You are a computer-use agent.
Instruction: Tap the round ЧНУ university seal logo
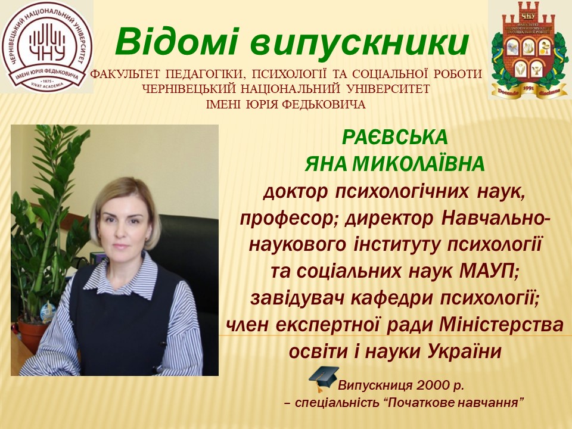coord(46,46)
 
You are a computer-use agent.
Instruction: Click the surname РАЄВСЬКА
coord(394,138)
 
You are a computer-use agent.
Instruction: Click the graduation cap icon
coord(321,378)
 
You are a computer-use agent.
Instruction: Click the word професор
coord(284,219)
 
